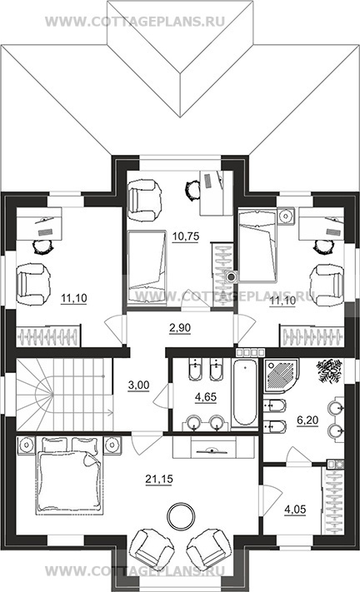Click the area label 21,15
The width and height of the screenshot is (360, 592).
[x=159, y=479]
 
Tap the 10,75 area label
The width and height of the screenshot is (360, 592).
[x=186, y=236]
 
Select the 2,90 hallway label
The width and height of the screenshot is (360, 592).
[x=180, y=328]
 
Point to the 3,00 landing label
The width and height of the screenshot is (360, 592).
[x=138, y=386]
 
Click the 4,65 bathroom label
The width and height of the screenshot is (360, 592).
[x=206, y=397]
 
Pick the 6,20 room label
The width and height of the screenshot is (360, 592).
[x=307, y=420]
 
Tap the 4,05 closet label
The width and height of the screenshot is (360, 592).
[x=295, y=510]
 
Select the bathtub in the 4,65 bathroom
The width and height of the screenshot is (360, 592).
[x=244, y=393]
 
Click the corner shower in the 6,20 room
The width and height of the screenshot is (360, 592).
[x=282, y=376]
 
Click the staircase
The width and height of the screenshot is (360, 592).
[x=65, y=395]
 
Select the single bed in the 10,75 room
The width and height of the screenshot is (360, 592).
[x=147, y=266]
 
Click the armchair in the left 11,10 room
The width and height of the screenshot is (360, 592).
[x=33, y=284]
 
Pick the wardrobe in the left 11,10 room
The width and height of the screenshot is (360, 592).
[x=48, y=336]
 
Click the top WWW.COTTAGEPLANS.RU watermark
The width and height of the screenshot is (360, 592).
[x=135, y=22]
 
